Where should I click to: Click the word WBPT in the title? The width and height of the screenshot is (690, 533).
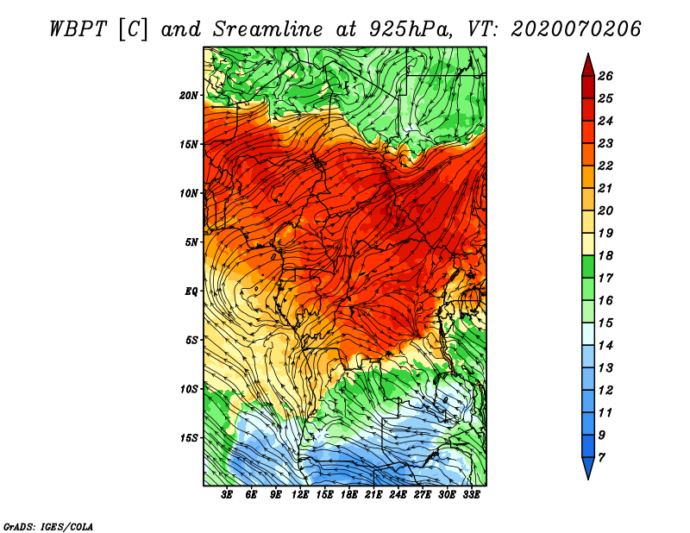[78, 29]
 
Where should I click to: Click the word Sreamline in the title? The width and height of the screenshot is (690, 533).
[268, 29]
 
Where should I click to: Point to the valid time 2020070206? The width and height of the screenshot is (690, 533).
[576, 29]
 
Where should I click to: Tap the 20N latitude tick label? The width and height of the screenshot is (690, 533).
[189, 95]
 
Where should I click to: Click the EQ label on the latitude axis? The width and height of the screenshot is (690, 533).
[191, 291]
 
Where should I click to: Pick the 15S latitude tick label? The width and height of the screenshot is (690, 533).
[189, 438]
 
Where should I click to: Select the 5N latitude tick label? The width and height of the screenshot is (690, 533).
[191, 242]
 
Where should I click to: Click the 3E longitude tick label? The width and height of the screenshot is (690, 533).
[227, 495]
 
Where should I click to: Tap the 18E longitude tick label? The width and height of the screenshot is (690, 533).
[348, 495]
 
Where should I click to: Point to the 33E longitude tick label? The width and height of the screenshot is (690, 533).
[471, 495]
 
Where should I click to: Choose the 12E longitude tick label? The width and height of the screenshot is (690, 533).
[299, 495]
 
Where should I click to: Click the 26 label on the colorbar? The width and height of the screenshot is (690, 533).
[605, 76]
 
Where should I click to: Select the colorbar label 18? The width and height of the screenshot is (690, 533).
[605, 255]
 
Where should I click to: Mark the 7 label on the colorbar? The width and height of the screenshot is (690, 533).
[601, 458]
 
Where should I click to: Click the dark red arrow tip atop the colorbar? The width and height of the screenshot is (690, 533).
[588, 65]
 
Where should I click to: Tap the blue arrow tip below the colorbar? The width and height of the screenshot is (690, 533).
[588, 468]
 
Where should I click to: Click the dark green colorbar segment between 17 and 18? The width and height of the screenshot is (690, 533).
[588, 266]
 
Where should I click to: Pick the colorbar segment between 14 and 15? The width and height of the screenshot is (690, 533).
[588, 334]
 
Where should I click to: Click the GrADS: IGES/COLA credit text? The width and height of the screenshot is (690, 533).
[48, 526]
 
